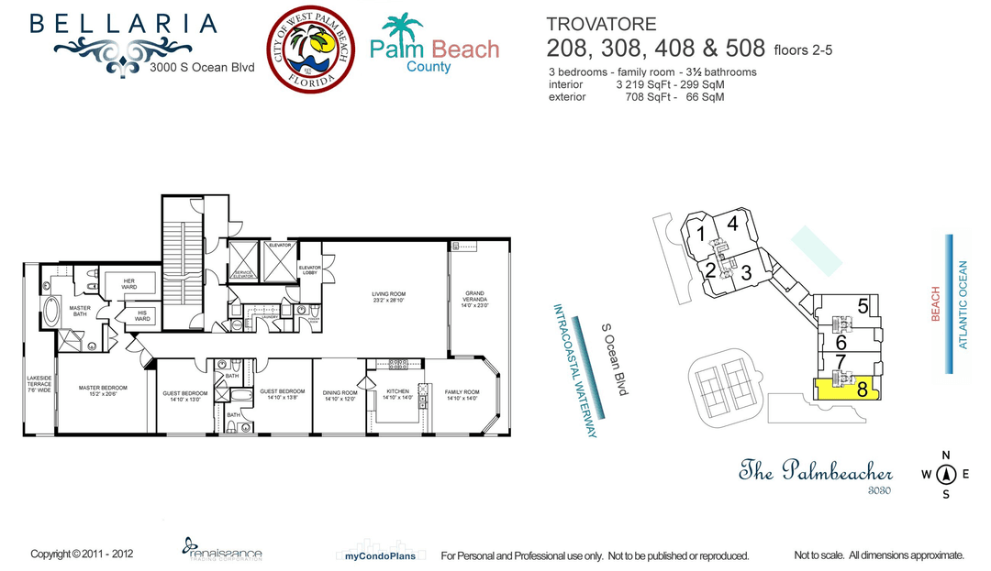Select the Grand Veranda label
click(477, 298)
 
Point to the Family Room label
click(462, 394)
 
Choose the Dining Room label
click(340, 396)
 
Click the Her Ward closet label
click(129, 285)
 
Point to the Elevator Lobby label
click(309, 270)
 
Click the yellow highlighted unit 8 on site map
click(846, 389)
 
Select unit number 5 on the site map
click(863, 307)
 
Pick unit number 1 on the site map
click(701, 234)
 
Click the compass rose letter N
click(946, 456)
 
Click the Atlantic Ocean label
click(963, 305)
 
